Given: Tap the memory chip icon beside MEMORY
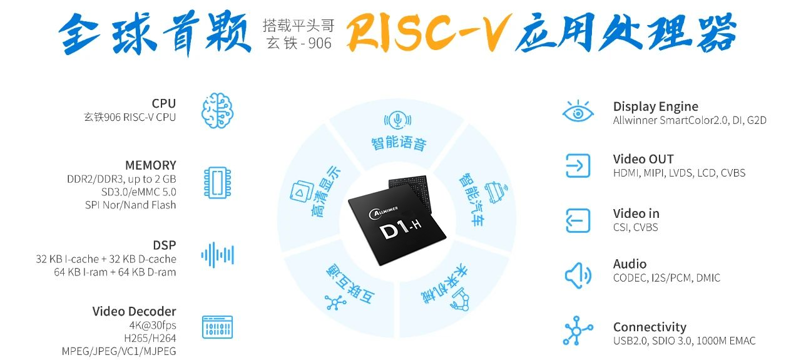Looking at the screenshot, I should coord(217,182).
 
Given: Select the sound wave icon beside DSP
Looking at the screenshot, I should coord(217,255).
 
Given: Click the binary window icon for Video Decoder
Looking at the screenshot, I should coord(217,327).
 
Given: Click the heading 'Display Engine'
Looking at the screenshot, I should coord(655,106).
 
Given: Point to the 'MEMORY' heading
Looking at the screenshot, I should coord(150,165).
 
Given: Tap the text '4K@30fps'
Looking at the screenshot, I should coord(154,325).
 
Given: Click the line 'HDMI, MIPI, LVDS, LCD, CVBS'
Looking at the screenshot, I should coord(679,173).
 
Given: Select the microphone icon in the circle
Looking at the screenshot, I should coord(395,120).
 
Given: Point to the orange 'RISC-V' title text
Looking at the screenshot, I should coord(424,32).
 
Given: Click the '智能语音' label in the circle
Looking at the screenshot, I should coord(398,143).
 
